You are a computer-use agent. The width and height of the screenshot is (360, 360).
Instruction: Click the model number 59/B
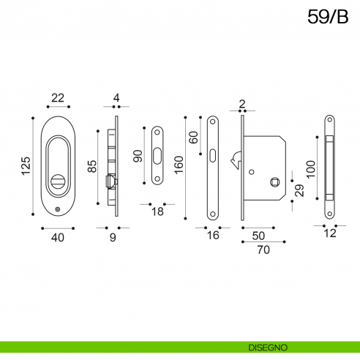pos(328,17)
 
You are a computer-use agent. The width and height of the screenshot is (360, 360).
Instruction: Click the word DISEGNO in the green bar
pos(268,348)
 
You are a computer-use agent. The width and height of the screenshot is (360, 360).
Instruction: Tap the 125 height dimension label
pos(26,166)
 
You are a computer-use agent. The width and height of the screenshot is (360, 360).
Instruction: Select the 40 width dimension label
pos(58,237)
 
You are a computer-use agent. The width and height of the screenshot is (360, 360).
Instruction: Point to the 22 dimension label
pos(58,98)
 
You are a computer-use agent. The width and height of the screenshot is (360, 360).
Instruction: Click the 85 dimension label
pos(92,166)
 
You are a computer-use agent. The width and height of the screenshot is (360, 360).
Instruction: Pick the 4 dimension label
pos(116,98)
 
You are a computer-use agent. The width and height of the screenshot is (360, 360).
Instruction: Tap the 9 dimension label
pos(113,237)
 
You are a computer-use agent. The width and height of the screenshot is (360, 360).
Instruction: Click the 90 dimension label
pos(138,156)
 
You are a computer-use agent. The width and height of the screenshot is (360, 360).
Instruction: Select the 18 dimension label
pos(157,211)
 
